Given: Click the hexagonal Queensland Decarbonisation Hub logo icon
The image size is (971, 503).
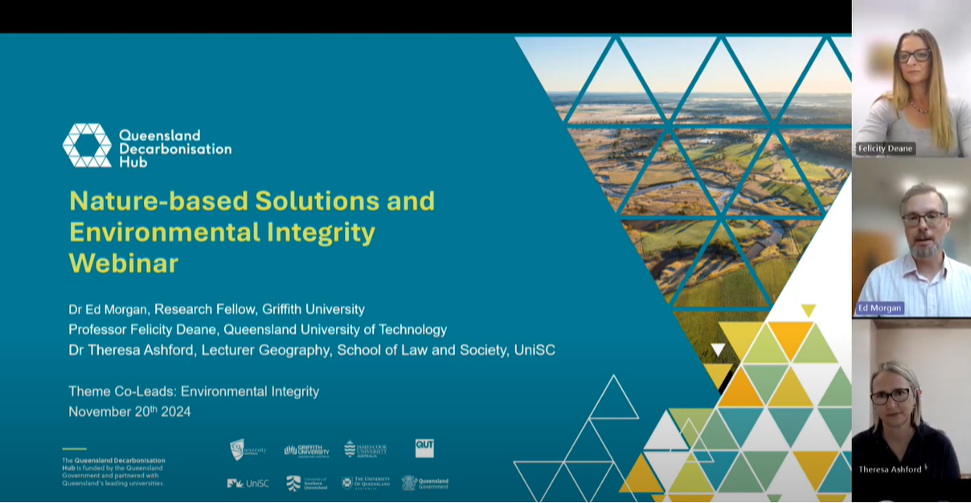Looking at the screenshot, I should (87, 146).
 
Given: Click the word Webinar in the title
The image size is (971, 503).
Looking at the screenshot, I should (124, 263).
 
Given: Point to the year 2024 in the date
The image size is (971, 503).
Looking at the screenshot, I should (174, 412).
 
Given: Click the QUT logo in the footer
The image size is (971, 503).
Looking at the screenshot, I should (424, 448).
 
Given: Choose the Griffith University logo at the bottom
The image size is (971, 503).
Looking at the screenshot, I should (306, 450).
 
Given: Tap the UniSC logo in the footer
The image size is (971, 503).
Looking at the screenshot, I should (248, 483).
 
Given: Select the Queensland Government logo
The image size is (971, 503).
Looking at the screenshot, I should (425, 483).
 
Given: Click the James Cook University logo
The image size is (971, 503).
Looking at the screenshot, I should (365, 449).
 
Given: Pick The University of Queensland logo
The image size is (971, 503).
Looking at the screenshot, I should (365, 483).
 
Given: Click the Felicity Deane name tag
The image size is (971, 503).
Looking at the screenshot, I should (885, 149).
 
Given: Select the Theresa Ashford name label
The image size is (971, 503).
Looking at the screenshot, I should (891, 469).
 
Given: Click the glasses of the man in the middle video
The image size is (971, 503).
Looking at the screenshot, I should (924, 218).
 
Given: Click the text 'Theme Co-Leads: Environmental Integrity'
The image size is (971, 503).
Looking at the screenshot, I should (194, 392).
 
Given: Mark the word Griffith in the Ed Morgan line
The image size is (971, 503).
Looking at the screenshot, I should (285, 309).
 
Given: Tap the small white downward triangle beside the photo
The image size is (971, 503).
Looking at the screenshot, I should (718, 349).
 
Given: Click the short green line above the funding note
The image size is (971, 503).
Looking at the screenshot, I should (74, 449).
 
